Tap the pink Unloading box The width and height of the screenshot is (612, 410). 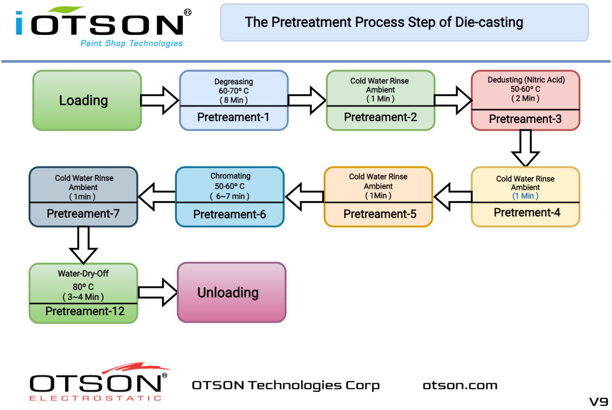[x=231, y=292]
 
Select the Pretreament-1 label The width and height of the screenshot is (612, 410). [x=233, y=117]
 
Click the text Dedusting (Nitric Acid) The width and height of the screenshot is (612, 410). [x=525, y=80]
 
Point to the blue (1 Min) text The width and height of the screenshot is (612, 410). [x=525, y=196]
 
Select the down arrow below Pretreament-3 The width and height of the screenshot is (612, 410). [x=525, y=148]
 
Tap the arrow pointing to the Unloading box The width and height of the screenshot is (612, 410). [x=158, y=292]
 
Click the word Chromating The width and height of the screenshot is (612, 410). [x=230, y=176]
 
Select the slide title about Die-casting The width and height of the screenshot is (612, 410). [x=384, y=22]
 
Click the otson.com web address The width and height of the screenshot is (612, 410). [x=459, y=386]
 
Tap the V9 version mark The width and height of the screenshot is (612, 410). [x=598, y=402]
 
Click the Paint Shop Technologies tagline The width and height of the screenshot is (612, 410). [x=131, y=44]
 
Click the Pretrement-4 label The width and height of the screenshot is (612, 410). [x=527, y=213]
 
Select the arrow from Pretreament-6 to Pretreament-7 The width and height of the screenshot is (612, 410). [x=157, y=197]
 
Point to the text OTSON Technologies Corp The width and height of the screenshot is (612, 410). [x=285, y=386]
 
